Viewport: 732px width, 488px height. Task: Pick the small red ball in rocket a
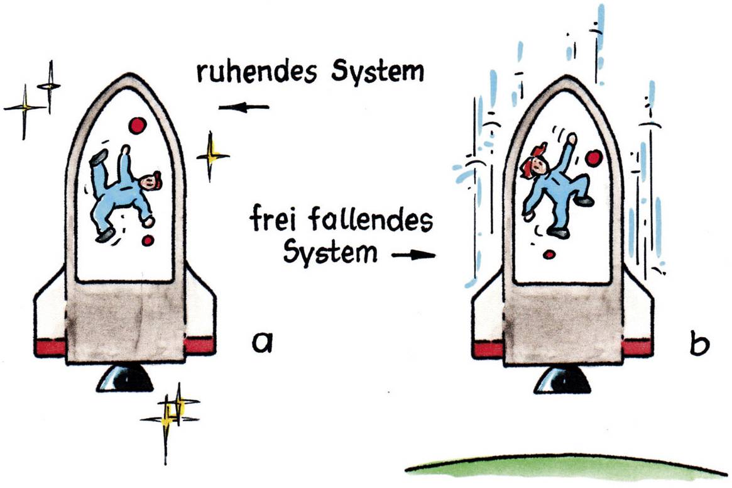point(148,240)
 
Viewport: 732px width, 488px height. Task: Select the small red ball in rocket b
point(549,254)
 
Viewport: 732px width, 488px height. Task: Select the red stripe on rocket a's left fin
point(50,347)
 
